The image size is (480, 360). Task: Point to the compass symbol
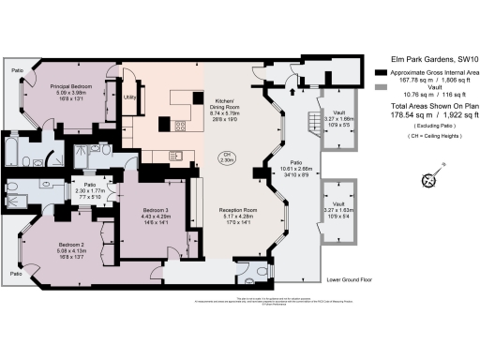430,180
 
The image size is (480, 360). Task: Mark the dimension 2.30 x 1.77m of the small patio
92,190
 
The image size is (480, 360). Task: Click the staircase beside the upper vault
308,122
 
